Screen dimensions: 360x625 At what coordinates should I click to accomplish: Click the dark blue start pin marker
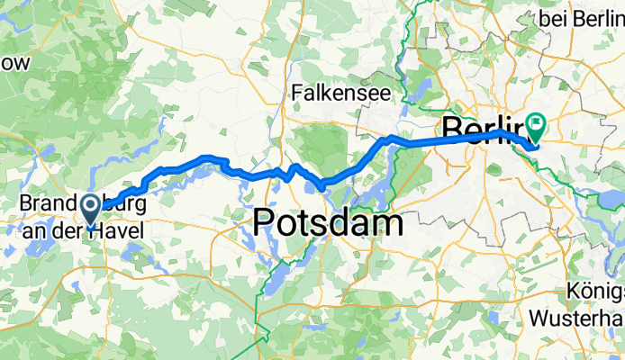pos(92,211)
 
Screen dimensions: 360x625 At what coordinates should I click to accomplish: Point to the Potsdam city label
pos(328,222)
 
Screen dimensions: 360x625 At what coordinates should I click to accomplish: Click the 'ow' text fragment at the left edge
pos(15,63)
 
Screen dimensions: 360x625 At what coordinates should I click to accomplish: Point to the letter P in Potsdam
pos(267,222)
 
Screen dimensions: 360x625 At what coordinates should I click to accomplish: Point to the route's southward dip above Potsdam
pos(321,184)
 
